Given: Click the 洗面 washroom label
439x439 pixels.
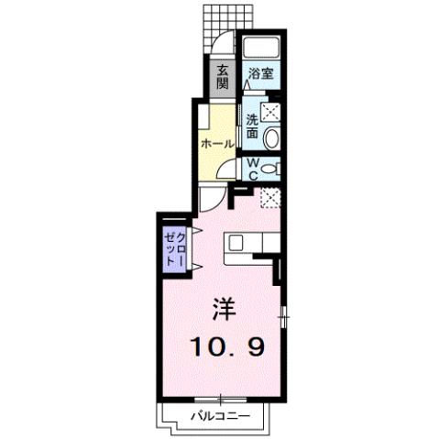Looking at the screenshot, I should pos(253,125).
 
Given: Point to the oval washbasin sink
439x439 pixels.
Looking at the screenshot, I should pos(271,138).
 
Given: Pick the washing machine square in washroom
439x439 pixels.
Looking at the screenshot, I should pos(271,113).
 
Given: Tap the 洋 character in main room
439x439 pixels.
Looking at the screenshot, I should pos(225,309).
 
